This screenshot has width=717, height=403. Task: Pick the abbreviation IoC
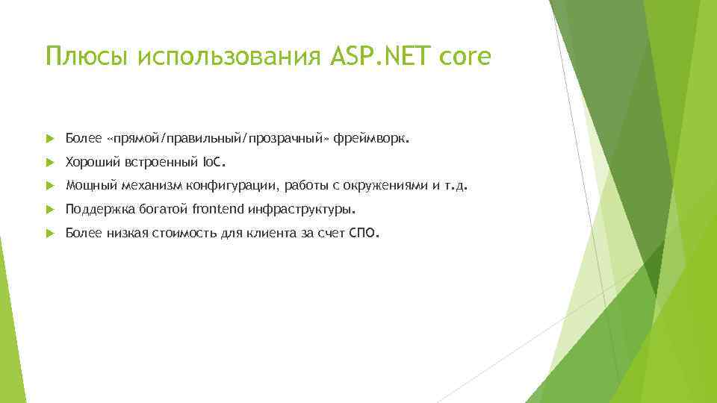(213, 162)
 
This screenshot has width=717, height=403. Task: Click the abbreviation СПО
(364, 234)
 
